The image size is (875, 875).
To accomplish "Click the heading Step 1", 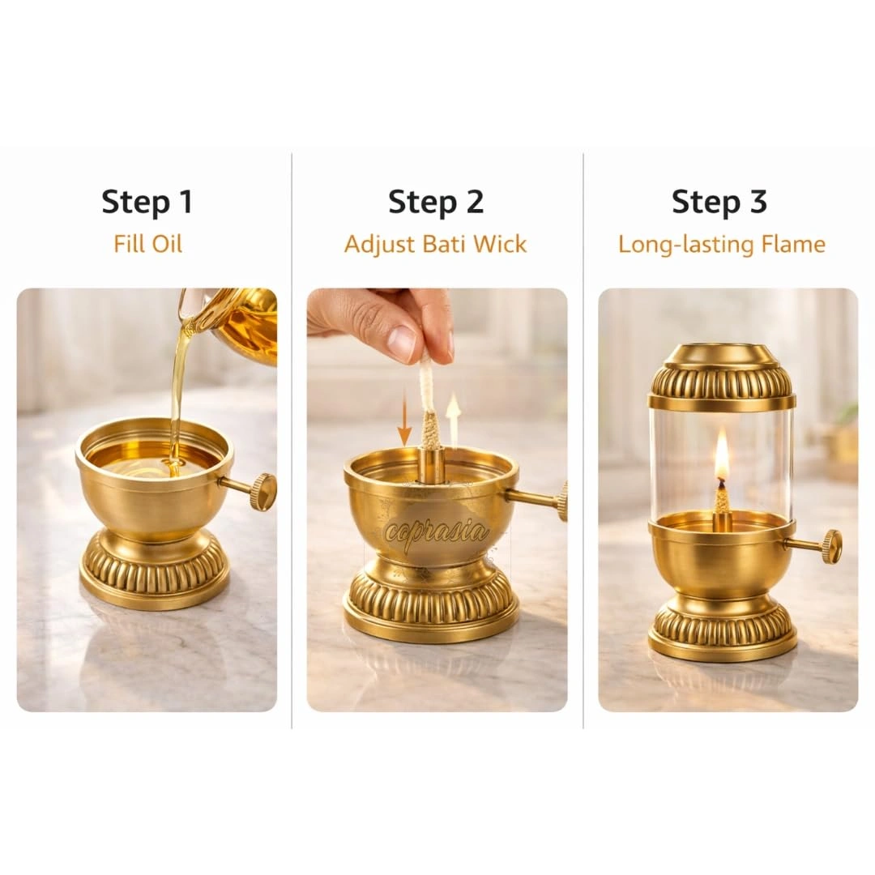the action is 147,202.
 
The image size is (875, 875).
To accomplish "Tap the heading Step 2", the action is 436,202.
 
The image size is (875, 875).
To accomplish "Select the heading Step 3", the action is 719,202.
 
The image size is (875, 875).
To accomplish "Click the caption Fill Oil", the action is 148,244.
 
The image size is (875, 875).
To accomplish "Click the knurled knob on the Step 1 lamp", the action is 262,491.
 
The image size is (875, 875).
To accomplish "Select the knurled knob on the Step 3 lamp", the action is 832,545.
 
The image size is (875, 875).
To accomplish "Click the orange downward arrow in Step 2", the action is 404,424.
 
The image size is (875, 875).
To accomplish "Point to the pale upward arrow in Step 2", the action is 454,420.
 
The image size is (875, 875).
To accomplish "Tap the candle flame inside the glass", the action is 722,455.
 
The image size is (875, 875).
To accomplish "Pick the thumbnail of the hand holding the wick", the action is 437,499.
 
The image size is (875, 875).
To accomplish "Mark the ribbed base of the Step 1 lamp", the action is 155,570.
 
